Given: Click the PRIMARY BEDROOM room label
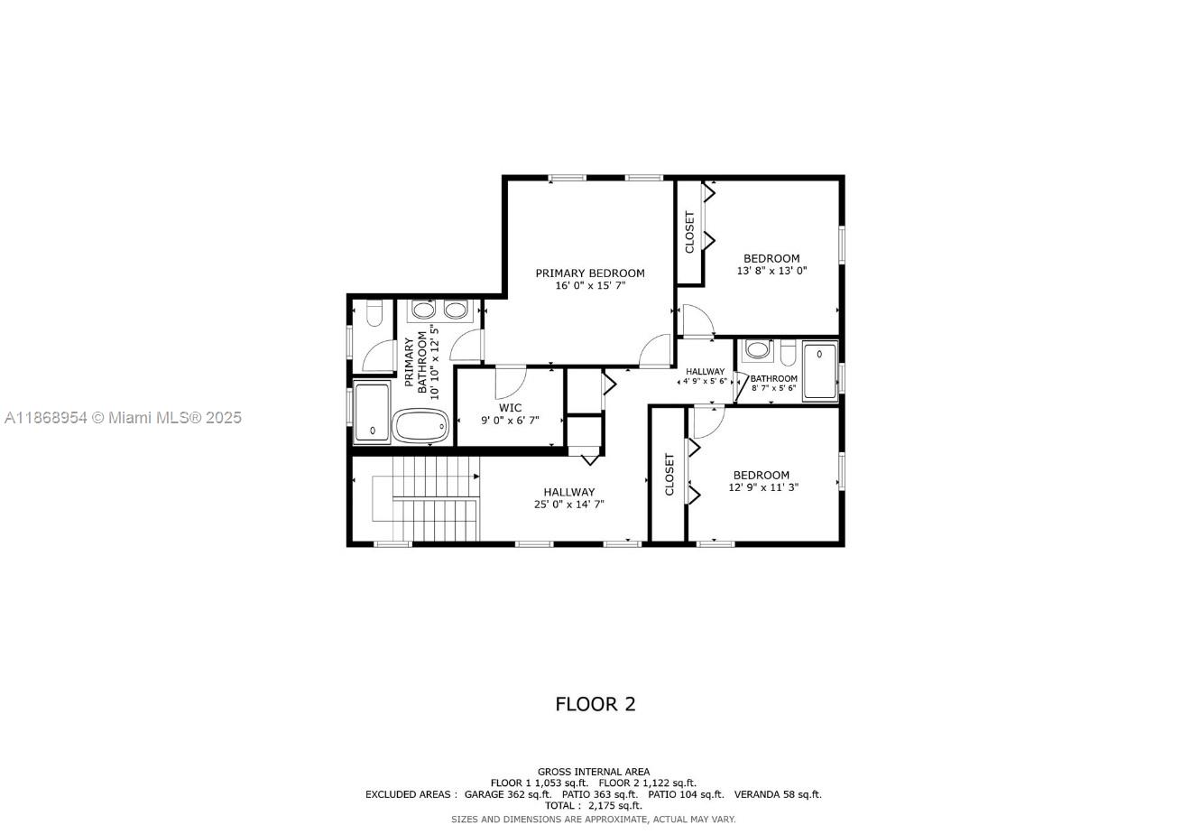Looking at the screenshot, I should coord(590,273).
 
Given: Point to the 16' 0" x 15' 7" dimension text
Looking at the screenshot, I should coord(590,286).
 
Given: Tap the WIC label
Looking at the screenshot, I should coord(510,408).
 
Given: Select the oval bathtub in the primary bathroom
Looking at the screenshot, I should coord(420,425).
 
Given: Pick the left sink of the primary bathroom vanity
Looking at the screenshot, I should coord(422,310).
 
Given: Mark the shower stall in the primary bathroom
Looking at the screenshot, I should coord(372,413).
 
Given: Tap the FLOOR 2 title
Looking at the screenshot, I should coord(595,704).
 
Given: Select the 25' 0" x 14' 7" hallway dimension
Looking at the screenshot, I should coord(568,505).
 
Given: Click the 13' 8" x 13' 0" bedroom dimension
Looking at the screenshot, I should coord(771,271).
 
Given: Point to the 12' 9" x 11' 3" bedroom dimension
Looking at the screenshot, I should coord(763,487).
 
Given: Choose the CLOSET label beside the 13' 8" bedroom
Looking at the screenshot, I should coord(690,232).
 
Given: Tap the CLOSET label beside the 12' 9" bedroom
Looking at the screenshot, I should coord(669,474).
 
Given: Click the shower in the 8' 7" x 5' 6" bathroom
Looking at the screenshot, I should coord(820,370).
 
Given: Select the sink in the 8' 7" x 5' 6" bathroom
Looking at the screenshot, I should coord(759,349).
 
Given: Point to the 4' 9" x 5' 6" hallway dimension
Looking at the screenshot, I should coord(704,382).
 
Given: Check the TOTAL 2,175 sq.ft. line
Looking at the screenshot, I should coord(593,806).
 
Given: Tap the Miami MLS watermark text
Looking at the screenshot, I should coord(122,418).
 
